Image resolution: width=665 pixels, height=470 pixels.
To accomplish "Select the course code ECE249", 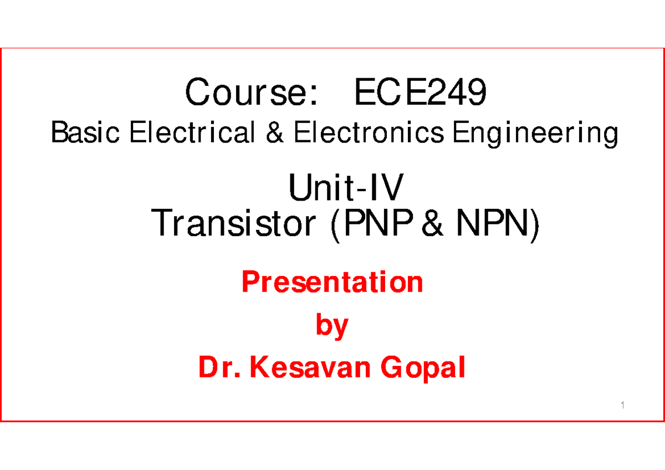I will pos(422,93).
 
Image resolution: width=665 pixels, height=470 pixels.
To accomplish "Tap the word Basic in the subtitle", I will pos(85,134).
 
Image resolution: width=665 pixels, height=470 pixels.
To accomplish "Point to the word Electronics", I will pos(369,134).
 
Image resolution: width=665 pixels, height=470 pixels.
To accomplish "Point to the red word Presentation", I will pos(332,283).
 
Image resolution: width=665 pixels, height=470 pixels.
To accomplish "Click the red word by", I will pos(332,326).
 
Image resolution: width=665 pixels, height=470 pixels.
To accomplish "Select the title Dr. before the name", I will pos(220,368).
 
